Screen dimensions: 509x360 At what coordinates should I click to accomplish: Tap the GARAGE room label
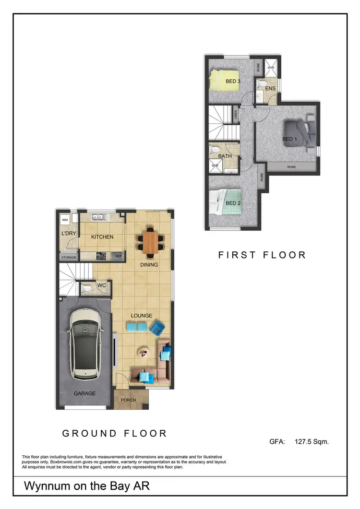pyautogui.click(x=84, y=393)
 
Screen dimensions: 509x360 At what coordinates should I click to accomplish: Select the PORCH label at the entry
pyautogui.click(x=128, y=400)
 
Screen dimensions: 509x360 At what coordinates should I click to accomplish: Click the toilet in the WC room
pyautogui.click(x=86, y=288)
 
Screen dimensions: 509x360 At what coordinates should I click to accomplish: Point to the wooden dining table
pyautogui.click(x=149, y=240)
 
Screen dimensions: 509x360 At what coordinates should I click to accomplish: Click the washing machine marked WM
pyautogui.click(x=65, y=220)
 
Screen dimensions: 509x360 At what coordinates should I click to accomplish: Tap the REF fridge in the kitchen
pyautogui.click(x=119, y=257)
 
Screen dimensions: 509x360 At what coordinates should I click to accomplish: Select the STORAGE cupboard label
pyautogui.click(x=68, y=257)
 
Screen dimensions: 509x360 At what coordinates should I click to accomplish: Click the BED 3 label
pyautogui.click(x=233, y=82)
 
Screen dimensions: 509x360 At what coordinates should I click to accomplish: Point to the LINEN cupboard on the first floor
pyautogui.click(x=236, y=115)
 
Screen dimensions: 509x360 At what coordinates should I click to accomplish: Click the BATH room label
pyautogui.click(x=225, y=156)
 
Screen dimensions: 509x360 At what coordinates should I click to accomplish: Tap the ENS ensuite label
pyautogui.click(x=270, y=89)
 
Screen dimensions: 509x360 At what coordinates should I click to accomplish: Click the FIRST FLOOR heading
pyautogui.click(x=262, y=255)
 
